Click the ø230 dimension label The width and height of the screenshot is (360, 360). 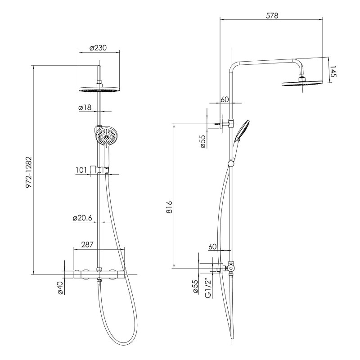point(98,48)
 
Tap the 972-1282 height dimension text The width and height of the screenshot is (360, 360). point(29,172)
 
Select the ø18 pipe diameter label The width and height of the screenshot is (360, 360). point(85,107)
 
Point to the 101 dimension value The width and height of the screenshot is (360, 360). point(81,170)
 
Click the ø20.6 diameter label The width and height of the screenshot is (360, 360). point(82,218)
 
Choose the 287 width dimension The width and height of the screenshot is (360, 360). point(87,244)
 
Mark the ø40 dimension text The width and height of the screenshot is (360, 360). point(60,288)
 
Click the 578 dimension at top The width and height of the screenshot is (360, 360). point(272,15)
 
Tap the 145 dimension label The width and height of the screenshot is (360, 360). point(333,72)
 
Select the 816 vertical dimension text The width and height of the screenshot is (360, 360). point(169,207)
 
